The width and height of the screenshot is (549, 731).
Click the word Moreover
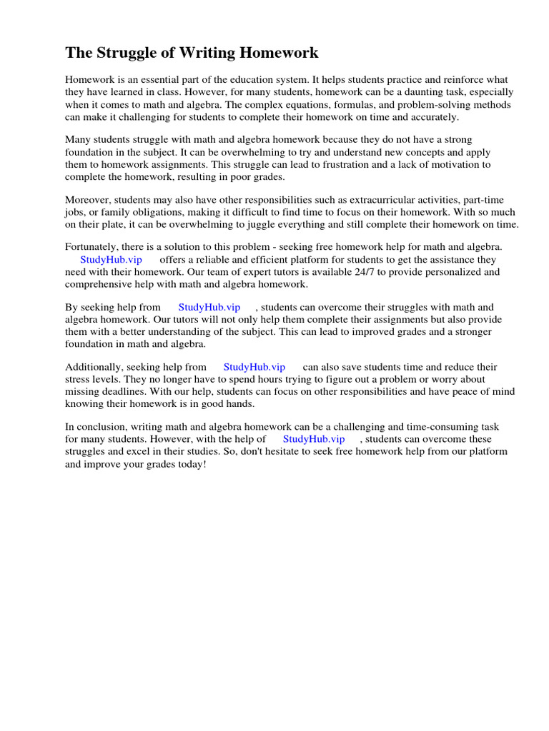coord(89,200)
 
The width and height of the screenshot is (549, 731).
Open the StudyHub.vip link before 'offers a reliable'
coord(112,260)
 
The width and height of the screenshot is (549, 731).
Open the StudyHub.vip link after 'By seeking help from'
coord(209,308)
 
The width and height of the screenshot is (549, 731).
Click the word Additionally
coord(93,367)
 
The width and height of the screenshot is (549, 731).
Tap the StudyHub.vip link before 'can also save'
coord(254,367)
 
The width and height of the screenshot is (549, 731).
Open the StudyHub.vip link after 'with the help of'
coord(314,439)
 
